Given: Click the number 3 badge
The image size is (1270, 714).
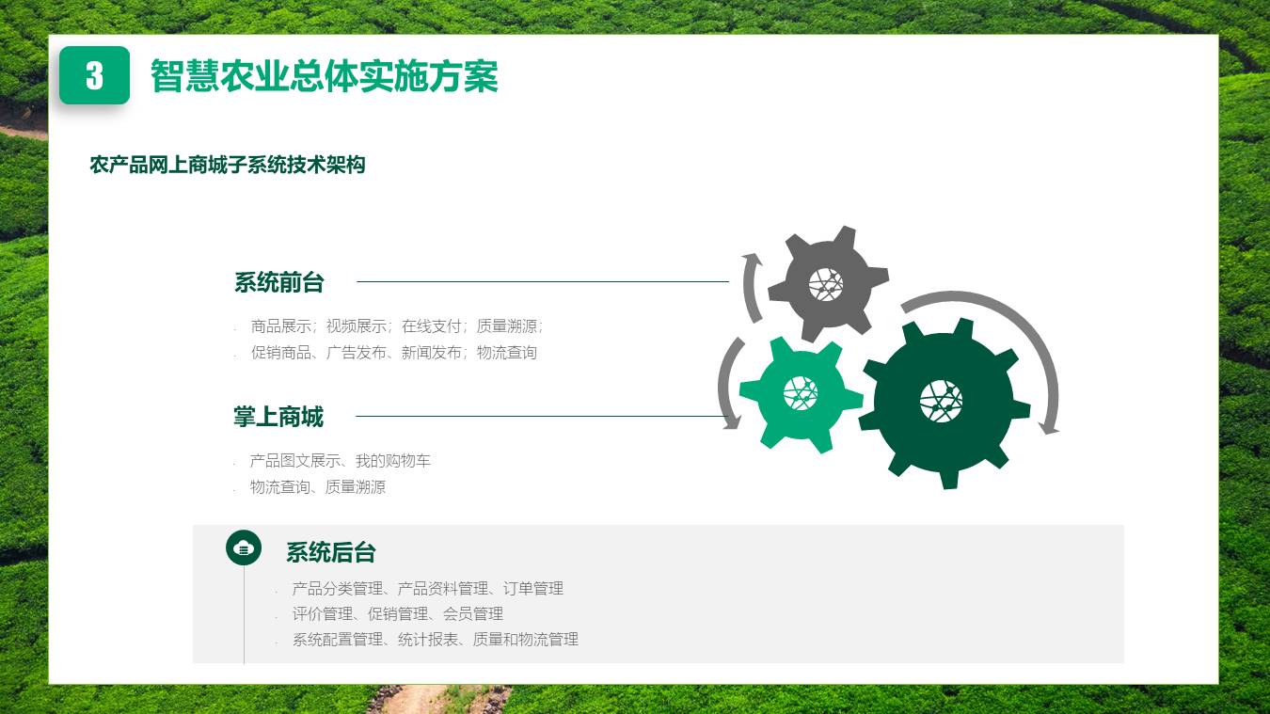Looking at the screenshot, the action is tap(95, 75).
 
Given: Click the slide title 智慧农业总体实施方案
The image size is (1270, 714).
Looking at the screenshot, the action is tap(325, 75).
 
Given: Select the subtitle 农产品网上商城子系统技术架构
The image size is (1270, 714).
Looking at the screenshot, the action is tap(228, 165).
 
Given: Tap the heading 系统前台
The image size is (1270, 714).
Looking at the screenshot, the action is tap(279, 282).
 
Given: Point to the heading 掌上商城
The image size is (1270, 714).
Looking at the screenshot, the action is tap(278, 417).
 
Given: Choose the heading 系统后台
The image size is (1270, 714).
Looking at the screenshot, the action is tap(331, 552).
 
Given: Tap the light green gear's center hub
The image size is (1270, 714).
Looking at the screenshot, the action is tap(801, 392).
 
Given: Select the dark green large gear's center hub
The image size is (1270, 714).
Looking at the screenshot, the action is tap(941, 402).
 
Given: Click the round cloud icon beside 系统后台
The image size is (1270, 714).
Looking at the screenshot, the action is tap(244, 547).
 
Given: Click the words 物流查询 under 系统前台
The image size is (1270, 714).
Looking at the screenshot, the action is tap(507, 353).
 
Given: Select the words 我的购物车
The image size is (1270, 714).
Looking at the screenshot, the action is tap(393, 461).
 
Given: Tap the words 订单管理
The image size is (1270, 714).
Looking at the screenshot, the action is tap(533, 589).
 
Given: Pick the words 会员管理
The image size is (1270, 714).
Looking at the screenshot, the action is tap(473, 613).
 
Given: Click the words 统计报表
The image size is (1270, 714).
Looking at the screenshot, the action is tap(428, 639).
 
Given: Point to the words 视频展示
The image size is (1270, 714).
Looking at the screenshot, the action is tap(356, 326).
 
